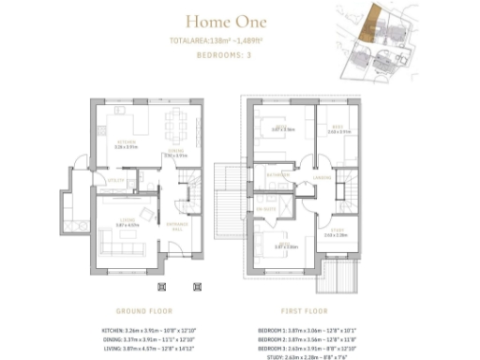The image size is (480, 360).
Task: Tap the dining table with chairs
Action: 174,125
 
